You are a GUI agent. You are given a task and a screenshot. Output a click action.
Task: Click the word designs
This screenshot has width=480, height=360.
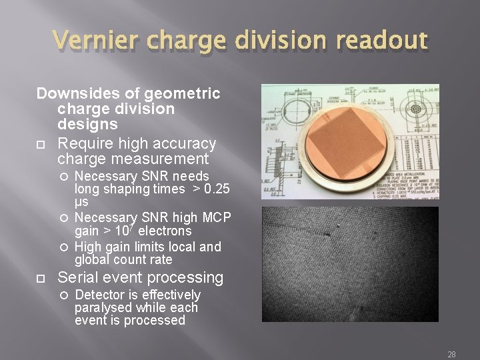coord(87,124)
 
